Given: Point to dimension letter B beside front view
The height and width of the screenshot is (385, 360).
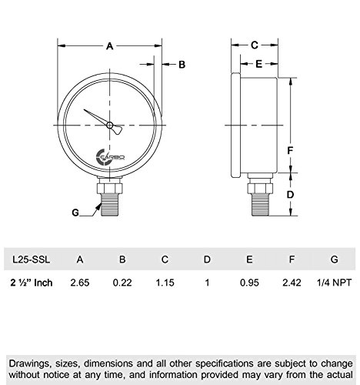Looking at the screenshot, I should (182, 65).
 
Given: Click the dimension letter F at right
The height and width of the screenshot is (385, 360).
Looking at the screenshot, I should (290, 149).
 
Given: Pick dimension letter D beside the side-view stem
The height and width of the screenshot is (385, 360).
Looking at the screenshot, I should (290, 195).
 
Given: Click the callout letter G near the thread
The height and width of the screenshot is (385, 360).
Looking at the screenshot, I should (74, 211).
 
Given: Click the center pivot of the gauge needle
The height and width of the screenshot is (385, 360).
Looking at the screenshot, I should (110, 125).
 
